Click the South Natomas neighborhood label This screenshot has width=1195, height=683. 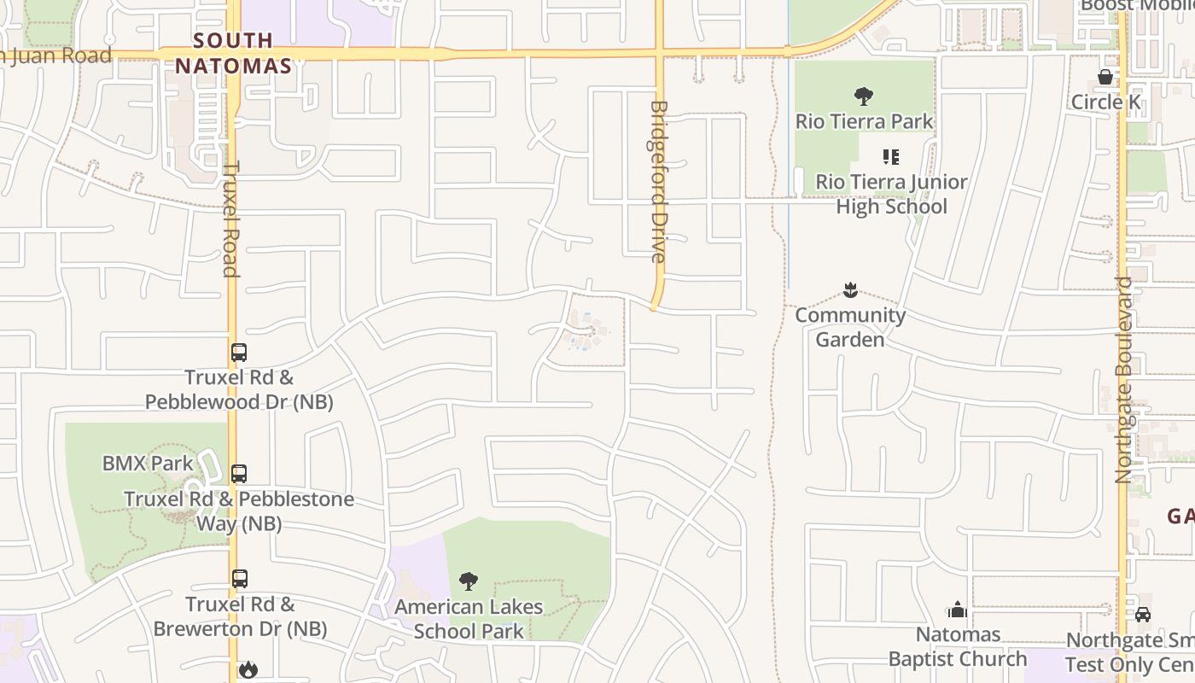point(234,53)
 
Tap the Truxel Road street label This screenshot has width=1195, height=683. point(230,219)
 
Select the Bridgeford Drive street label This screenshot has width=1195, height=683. point(657,181)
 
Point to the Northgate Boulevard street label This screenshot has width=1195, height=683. point(1123,379)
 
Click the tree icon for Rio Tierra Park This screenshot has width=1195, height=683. point(864,96)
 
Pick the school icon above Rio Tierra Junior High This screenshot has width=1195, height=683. point(891,157)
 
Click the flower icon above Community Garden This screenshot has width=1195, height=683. point(850,290)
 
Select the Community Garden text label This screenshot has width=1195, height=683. point(850,327)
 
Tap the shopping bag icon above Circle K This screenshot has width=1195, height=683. point(1105,78)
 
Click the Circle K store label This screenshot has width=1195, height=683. point(1105,102)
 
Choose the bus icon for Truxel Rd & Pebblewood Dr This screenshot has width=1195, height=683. point(239,352)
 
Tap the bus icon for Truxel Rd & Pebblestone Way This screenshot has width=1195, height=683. point(239,474)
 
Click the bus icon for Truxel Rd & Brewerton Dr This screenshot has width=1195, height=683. point(240,579)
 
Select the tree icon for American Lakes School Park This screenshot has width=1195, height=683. point(468,582)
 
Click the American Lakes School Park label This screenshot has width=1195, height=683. point(469,619)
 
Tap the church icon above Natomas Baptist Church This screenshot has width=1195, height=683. point(957,610)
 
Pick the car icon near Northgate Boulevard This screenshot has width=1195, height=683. point(1143,614)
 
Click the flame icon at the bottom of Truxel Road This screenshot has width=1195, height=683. point(248,669)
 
